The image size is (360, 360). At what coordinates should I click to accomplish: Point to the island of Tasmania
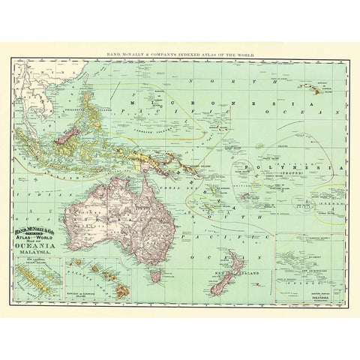coord(155,277)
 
